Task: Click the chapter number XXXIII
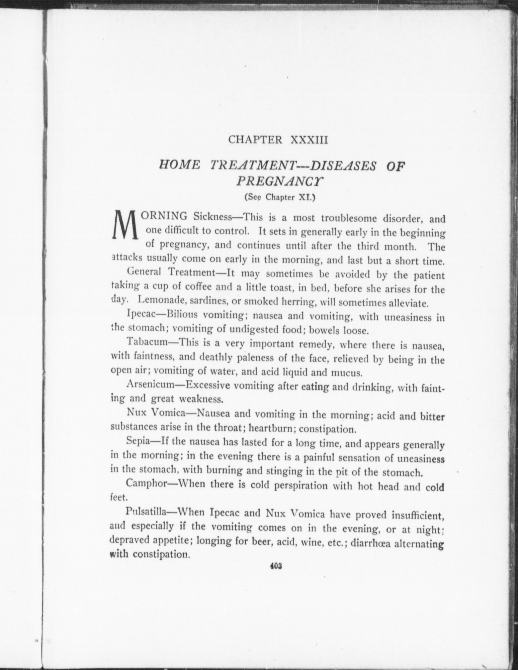[309, 140]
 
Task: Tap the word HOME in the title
[180, 165]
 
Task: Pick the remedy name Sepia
[139, 441]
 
